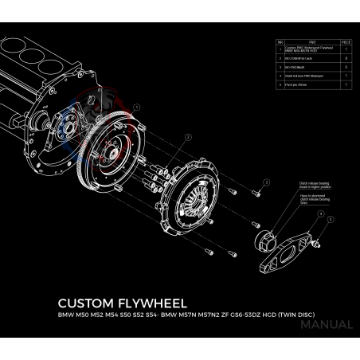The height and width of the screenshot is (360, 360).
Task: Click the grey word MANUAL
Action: click(328, 325)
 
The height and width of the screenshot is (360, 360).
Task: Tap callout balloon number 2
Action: click(189, 137)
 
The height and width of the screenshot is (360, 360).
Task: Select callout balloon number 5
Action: click(331, 217)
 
